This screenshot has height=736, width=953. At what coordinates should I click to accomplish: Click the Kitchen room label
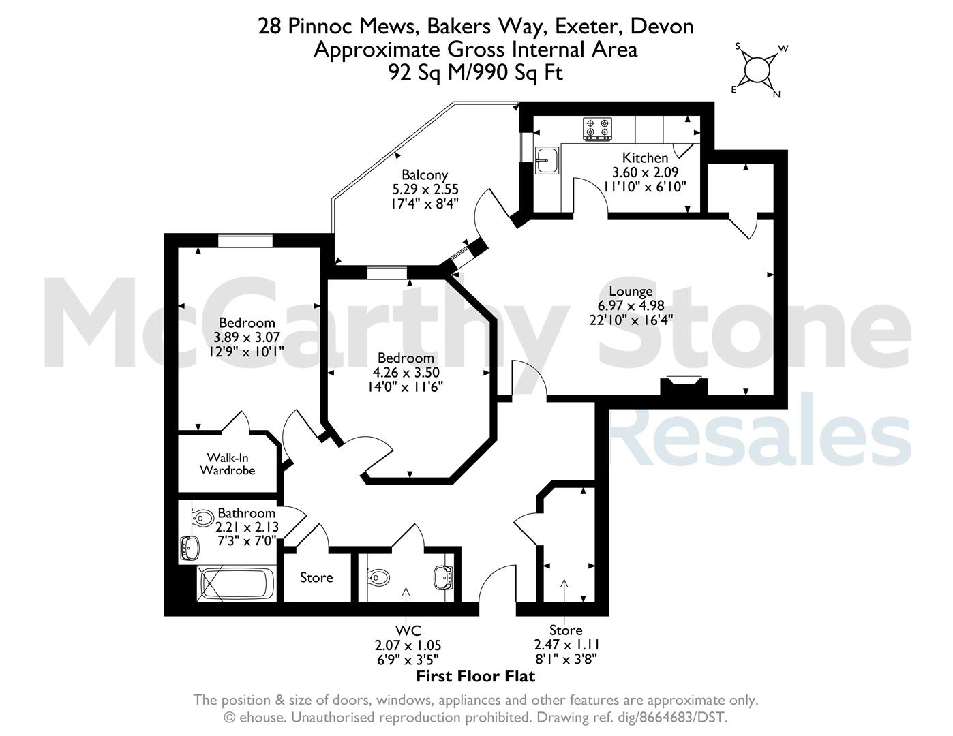(645, 158)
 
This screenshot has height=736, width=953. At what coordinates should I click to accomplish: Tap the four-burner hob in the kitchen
(597, 129)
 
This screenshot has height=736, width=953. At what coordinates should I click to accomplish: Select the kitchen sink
(547, 160)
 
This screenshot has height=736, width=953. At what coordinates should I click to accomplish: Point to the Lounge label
(631, 291)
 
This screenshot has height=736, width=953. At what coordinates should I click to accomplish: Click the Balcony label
(425, 175)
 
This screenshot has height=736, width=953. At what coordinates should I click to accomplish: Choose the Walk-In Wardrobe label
(228, 464)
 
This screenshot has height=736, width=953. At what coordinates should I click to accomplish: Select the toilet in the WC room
(378, 578)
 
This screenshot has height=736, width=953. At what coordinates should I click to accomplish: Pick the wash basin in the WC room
(443, 578)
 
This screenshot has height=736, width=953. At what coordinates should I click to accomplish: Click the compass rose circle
(757, 70)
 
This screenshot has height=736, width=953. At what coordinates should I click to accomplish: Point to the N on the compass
(776, 94)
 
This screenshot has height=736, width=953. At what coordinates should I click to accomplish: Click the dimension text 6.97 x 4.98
(631, 305)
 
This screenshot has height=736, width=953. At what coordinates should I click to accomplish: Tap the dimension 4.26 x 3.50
(406, 373)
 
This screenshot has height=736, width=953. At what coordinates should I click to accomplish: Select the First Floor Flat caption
(475, 676)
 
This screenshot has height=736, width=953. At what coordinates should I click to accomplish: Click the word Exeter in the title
(588, 27)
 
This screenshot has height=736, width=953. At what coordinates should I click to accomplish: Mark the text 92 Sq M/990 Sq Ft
(475, 72)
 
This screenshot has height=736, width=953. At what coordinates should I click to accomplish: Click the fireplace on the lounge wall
(684, 386)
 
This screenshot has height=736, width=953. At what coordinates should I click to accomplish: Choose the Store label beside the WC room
(316, 577)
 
